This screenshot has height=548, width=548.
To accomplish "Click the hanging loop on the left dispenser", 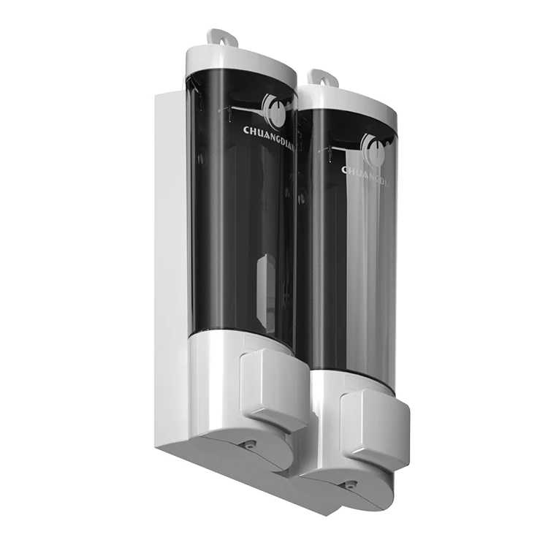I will coord(217,36).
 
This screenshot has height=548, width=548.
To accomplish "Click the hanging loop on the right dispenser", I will coord(320,76).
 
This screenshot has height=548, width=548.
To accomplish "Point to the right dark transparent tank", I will coord(347,256).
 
